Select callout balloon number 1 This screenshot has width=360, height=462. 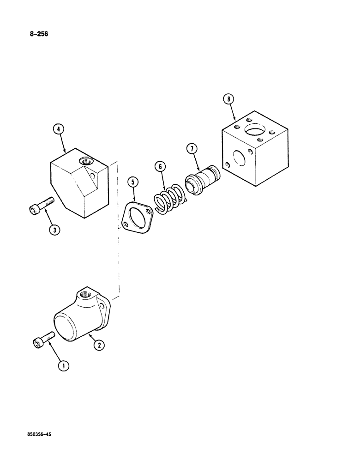[63, 366]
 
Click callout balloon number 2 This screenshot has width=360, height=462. [98, 344]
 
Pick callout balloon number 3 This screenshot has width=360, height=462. [54, 229]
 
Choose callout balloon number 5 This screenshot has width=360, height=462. [133, 183]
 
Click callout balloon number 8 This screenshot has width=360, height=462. [229, 99]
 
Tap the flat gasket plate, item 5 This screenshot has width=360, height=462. [137, 215]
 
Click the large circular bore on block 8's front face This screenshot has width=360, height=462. [240, 159]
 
